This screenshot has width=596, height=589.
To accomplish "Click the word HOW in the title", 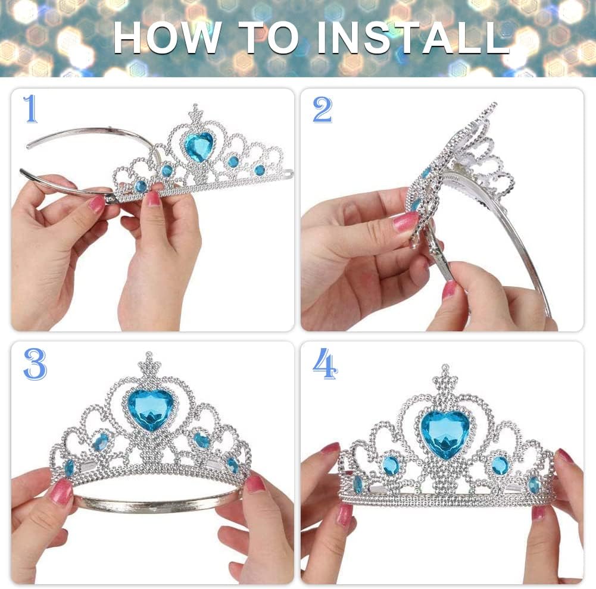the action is pyautogui.click(x=168, y=37).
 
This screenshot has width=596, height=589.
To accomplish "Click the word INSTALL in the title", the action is pyautogui.click(x=413, y=37).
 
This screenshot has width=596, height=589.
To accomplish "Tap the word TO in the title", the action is pyautogui.click(x=269, y=37).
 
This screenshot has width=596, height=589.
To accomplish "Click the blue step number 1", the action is pyautogui.click(x=31, y=109).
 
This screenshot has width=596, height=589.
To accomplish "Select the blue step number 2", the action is pyautogui.click(x=322, y=109).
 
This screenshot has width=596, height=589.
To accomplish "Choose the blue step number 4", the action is pyautogui.click(x=325, y=364).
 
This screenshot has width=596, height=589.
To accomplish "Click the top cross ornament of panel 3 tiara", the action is pyautogui.click(x=149, y=364).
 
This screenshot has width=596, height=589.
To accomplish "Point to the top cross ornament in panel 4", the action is pyautogui.click(x=445, y=376).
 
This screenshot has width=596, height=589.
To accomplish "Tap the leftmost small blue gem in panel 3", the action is pyautogui.click(x=70, y=468).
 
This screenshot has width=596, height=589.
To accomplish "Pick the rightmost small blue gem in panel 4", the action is pyautogui.click(x=533, y=485).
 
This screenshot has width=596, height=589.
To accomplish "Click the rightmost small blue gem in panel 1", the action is pyautogui.click(x=260, y=170).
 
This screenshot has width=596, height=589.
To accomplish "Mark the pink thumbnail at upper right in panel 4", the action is pyautogui.click(x=565, y=455).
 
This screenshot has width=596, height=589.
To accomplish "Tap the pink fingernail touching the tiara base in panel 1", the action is pyautogui.click(x=153, y=198).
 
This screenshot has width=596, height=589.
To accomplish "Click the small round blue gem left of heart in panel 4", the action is pyautogui.click(x=392, y=465).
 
